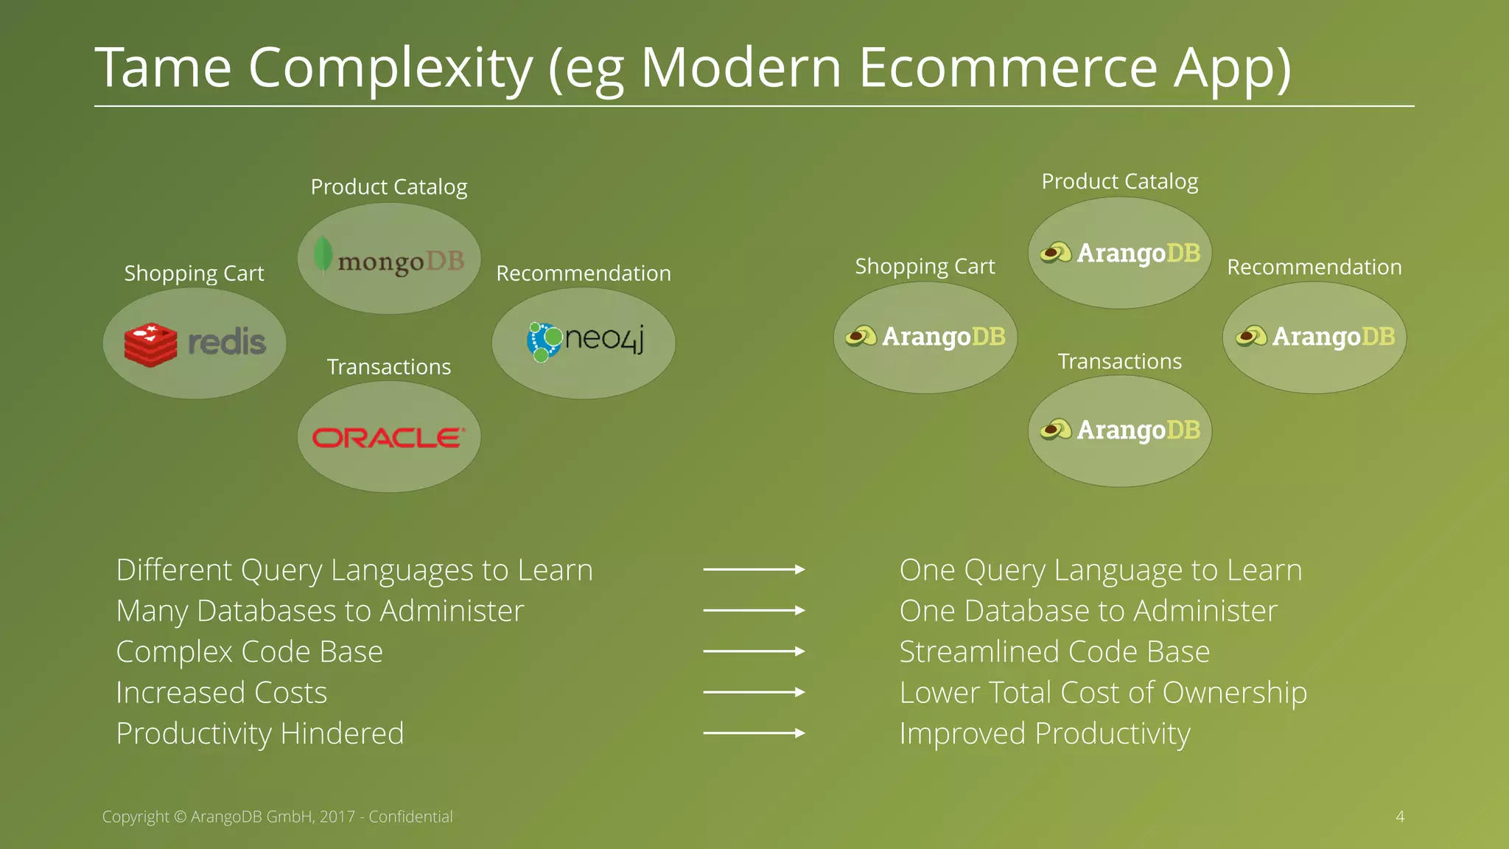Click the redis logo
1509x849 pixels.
195,343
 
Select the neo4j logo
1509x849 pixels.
585,341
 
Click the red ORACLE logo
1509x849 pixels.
388,438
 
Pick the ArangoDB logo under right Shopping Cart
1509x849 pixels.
925,337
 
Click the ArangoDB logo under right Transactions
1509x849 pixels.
1120,430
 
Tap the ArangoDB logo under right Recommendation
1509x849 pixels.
1315,337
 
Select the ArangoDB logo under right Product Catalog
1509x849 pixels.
1120,253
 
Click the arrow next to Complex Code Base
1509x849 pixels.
754,651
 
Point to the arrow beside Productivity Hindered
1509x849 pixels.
754,733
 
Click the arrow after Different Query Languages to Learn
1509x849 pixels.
754,570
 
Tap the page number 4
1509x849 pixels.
1400,817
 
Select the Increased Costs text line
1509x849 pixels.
221,693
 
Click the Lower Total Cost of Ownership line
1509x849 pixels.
1103,693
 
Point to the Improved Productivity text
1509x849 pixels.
1045,734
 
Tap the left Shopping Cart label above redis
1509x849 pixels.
194,273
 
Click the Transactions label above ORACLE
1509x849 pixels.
389,367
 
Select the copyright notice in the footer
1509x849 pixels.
277,817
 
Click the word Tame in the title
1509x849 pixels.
164,68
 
